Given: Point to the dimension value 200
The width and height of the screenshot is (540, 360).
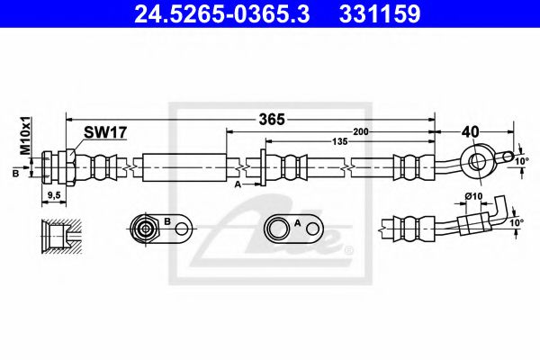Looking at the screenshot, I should [x=362, y=131].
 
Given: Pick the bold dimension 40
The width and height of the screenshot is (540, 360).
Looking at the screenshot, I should [x=470, y=131].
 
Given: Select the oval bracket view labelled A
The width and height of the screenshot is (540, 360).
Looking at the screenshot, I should [x=293, y=229].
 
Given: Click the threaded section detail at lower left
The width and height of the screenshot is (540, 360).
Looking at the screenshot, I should [x=60, y=236].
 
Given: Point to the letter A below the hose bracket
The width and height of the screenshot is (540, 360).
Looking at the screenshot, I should [x=238, y=184].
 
